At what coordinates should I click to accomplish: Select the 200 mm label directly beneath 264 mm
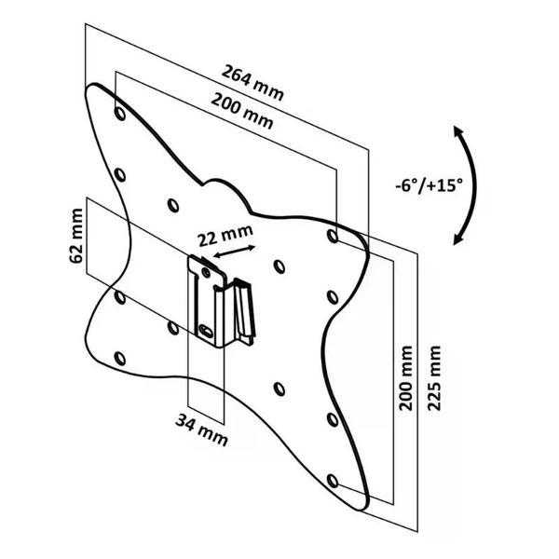243,112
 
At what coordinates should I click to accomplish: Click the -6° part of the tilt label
409,184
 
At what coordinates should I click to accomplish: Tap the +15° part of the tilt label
443,184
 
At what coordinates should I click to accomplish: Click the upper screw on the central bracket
204,271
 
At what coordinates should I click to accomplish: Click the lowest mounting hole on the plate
334,480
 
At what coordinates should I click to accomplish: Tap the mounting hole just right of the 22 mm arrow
279,266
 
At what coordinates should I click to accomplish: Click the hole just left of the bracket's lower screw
172,327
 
